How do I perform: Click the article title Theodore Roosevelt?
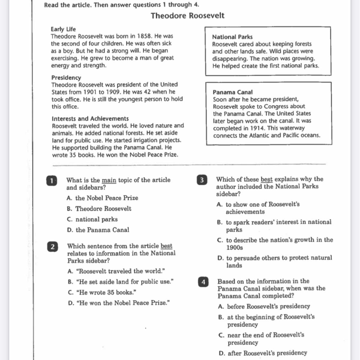[187, 16]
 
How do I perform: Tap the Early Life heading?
[63, 29]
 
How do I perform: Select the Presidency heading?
[66, 78]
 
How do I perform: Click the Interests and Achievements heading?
[90, 118]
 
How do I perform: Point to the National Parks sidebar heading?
[232, 37]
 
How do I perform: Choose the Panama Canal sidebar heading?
[233, 92]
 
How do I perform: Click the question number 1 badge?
[52, 181]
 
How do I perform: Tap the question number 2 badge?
[52, 247]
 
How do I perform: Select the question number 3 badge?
[202, 180]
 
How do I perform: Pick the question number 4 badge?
[203, 282]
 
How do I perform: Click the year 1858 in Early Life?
[145, 36]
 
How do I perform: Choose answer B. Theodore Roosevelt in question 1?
[99, 209]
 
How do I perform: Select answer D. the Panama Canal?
[98, 230]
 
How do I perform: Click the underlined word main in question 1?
[109, 180]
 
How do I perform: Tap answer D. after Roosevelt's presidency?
[263, 353]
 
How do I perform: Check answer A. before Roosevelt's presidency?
[264, 306]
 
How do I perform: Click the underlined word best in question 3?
[267, 179]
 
